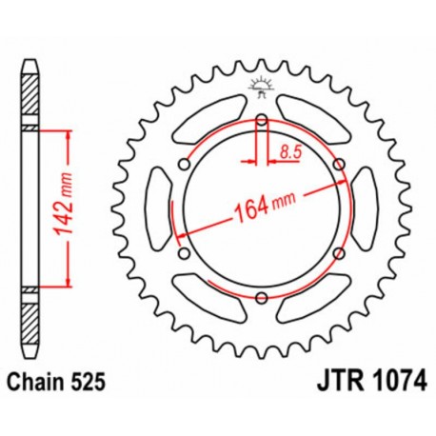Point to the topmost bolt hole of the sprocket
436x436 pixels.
262,119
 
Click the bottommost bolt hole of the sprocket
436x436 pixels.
262,298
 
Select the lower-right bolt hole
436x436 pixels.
340,253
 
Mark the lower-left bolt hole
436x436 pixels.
184,253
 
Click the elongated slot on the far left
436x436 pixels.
159,208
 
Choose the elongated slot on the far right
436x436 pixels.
365,208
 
